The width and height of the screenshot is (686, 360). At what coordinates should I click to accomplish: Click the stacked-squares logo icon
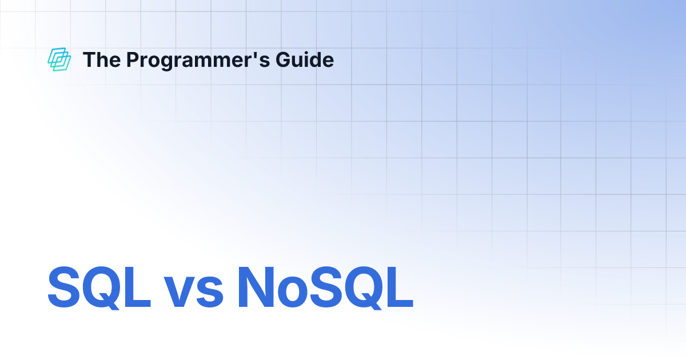[x=59, y=60]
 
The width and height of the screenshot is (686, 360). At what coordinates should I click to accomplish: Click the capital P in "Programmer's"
[x=131, y=60]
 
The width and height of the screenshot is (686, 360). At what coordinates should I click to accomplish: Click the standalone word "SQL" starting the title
[x=99, y=287]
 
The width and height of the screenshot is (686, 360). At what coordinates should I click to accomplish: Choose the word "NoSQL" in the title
[x=325, y=287]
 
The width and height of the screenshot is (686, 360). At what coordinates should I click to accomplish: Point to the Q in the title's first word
[x=102, y=287]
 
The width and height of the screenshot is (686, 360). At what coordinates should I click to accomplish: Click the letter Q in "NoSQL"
[x=358, y=287]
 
